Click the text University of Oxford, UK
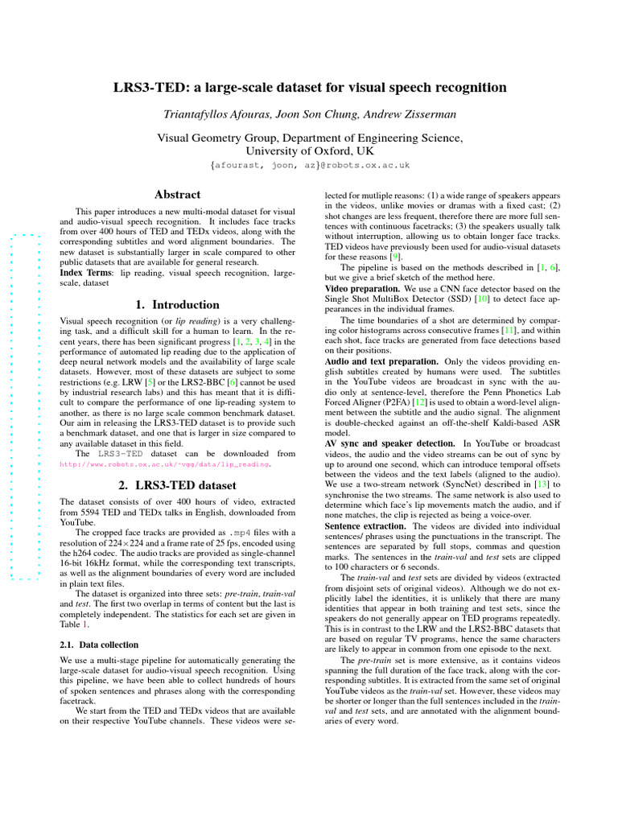tap(309, 150)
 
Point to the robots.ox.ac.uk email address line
tap(309, 165)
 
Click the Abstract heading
tap(177, 195)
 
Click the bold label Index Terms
tap(87, 274)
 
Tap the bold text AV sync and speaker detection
tap(390, 443)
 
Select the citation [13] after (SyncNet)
tap(544, 484)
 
